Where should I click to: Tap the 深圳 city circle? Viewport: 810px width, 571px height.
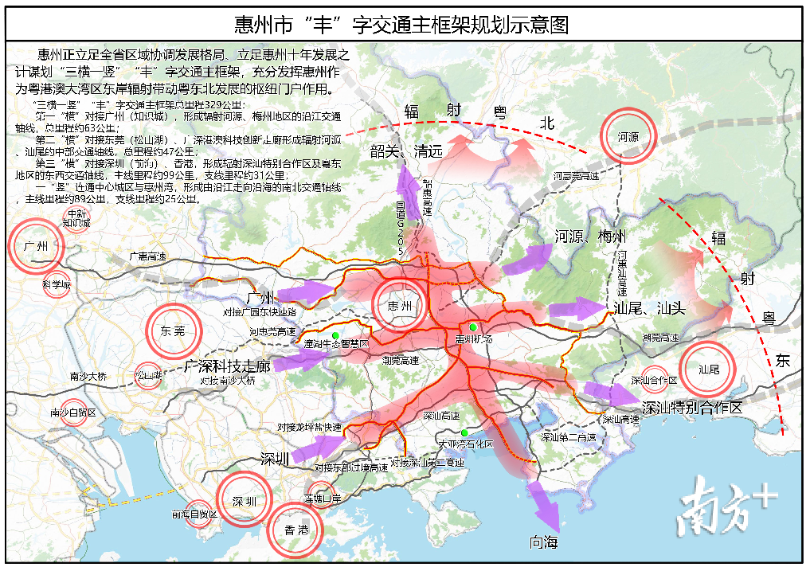click(x=245, y=501)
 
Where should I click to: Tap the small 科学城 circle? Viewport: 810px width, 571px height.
click(x=57, y=284)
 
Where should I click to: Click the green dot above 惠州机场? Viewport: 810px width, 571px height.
click(x=472, y=327)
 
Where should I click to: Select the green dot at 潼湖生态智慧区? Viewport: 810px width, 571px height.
click(x=336, y=335)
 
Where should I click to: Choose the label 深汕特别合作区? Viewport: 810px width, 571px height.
click(x=691, y=407)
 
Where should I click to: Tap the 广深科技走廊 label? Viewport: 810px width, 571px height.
click(x=228, y=366)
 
